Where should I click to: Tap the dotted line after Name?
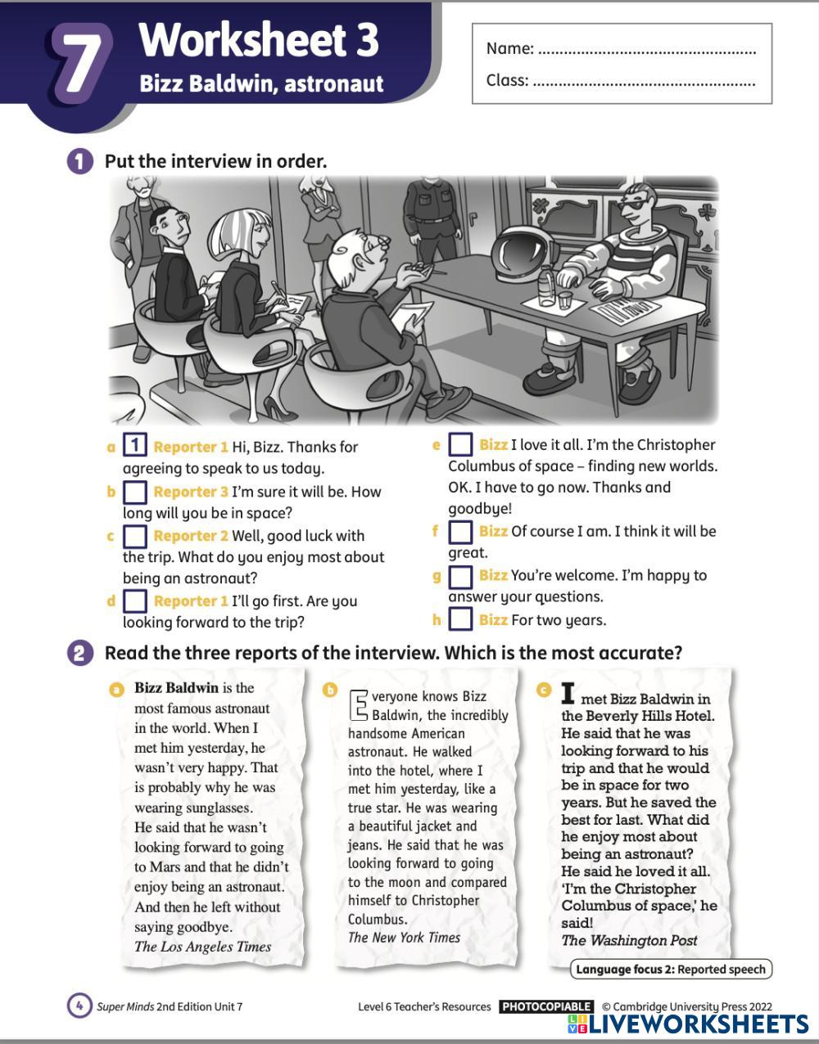(x=647, y=51)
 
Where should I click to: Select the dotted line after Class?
(x=644, y=83)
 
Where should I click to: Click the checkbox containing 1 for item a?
(x=135, y=446)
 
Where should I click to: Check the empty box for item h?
(x=461, y=619)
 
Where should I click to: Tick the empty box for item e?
(x=461, y=445)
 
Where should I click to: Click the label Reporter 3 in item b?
(x=191, y=492)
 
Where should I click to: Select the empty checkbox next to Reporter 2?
(x=135, y=537)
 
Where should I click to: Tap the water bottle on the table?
(x=546, y=286)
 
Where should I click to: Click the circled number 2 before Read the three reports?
(x=79, y=653)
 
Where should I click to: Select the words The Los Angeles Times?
(x=202, y=947)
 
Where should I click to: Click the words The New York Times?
(x=404, y=938)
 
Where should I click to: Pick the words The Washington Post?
(x=629, y=940)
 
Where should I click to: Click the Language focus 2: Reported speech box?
(x=670, y=970)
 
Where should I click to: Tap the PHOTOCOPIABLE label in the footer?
(x=546, y=1006)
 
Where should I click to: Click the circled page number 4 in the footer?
(x=79, y=1006)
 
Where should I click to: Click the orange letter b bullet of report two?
(x=330, y=690)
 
